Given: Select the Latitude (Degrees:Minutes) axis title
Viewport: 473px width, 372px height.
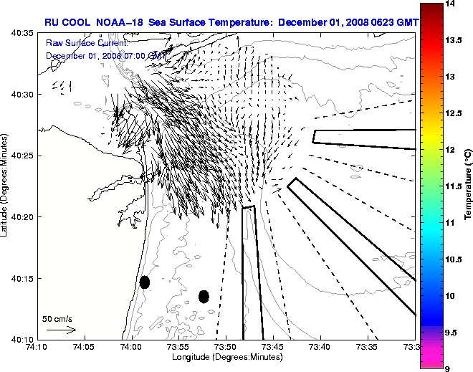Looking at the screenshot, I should click(6, 186).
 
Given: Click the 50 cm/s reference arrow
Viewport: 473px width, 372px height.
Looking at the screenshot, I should click(61, 330).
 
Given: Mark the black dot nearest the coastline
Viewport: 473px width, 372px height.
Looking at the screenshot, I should click(145, 282).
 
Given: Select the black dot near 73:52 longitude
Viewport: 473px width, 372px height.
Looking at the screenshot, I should click(204, 296).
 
